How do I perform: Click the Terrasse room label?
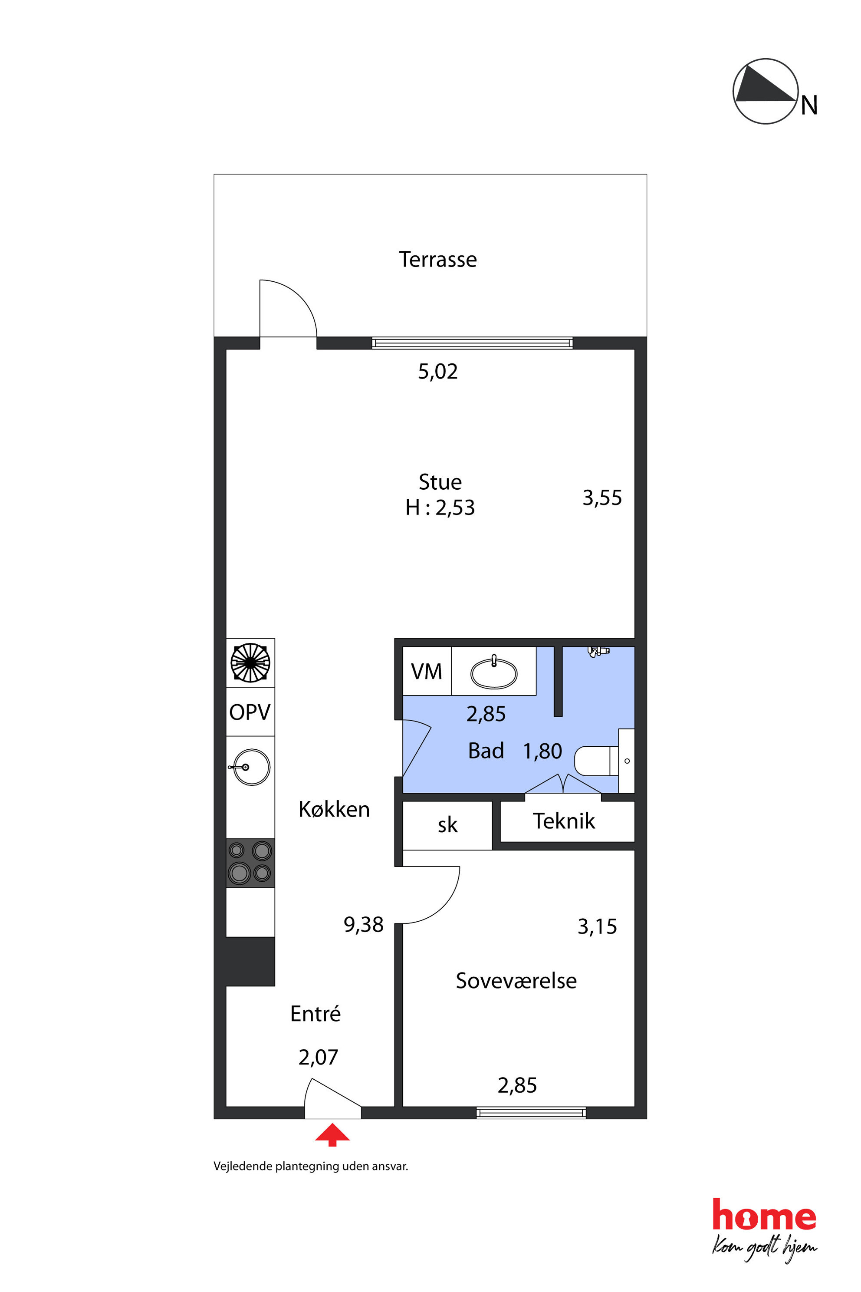[437, 259]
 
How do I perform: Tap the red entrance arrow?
[332, 1135]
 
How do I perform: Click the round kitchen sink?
[251, 766]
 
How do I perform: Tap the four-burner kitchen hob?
[250, 863]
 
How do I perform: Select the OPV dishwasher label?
[250, 712]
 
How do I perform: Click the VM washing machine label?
[427, 671]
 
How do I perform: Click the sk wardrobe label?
[447, 825]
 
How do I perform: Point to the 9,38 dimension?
[364, 925]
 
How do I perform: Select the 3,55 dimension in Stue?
[602, 498]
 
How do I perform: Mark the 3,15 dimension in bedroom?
[598, 927]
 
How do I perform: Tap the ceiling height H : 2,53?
[440, 508]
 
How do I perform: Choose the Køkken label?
[334, 809]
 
